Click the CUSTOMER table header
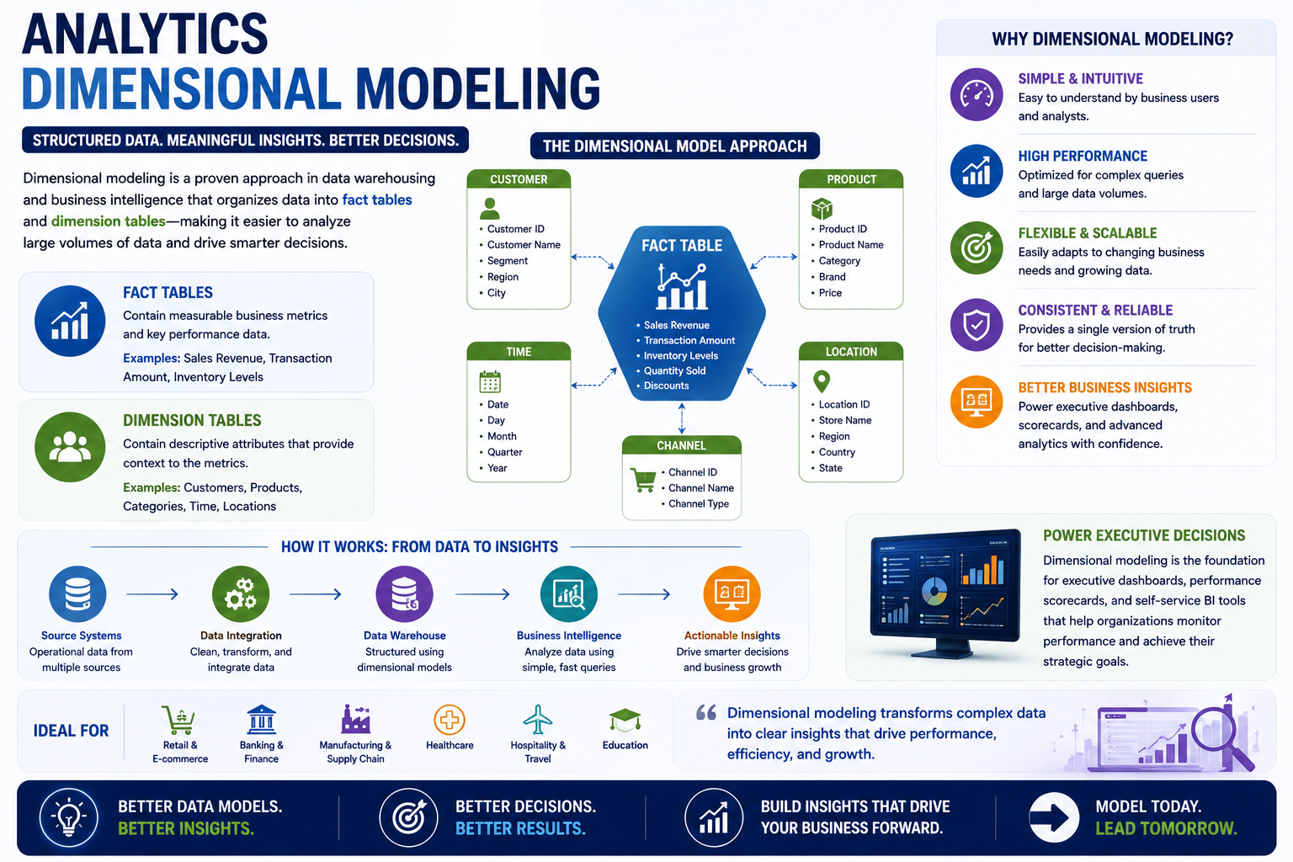tap(519, 179)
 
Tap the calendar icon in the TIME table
tap(490, 381)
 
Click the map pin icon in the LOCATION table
tap(822, 381)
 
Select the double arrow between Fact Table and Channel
tap(682, 418)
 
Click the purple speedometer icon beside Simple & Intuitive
tap(976, 94)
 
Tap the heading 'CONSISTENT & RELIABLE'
tap(1095, 310)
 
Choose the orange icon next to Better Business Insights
tap(976, 402)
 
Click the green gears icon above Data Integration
tap(241, 594)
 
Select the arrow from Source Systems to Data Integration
tap(152, 594)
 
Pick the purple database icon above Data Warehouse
tap(404, 594)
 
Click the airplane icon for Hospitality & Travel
tap(537, 720)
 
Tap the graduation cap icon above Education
tap(625, 721)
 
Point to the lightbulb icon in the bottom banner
tap(69, 817)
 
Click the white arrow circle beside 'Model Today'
tap(1053, 817)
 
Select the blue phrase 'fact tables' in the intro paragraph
tap(377, 200)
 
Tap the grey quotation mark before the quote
tap(706, 712)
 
